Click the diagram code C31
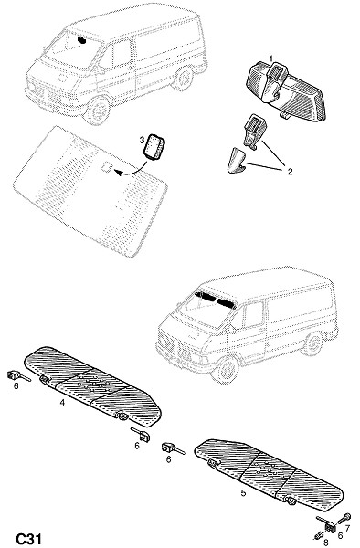tap(28, 539)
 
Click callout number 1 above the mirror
tap(270, 58)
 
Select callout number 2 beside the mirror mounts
tap(290, 172)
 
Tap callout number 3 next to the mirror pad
tap(142, 140)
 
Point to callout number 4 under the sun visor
tap(62, 402)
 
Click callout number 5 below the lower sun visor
tap(243, 493)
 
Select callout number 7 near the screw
tap(347, 527)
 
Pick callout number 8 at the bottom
tap(326, 543)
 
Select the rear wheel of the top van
tap(183, 79)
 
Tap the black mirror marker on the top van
tap(82, 40)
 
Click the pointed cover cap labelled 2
tap(236, 160)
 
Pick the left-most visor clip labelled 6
tap(16, 376)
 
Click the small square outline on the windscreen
tap(107, 167)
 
